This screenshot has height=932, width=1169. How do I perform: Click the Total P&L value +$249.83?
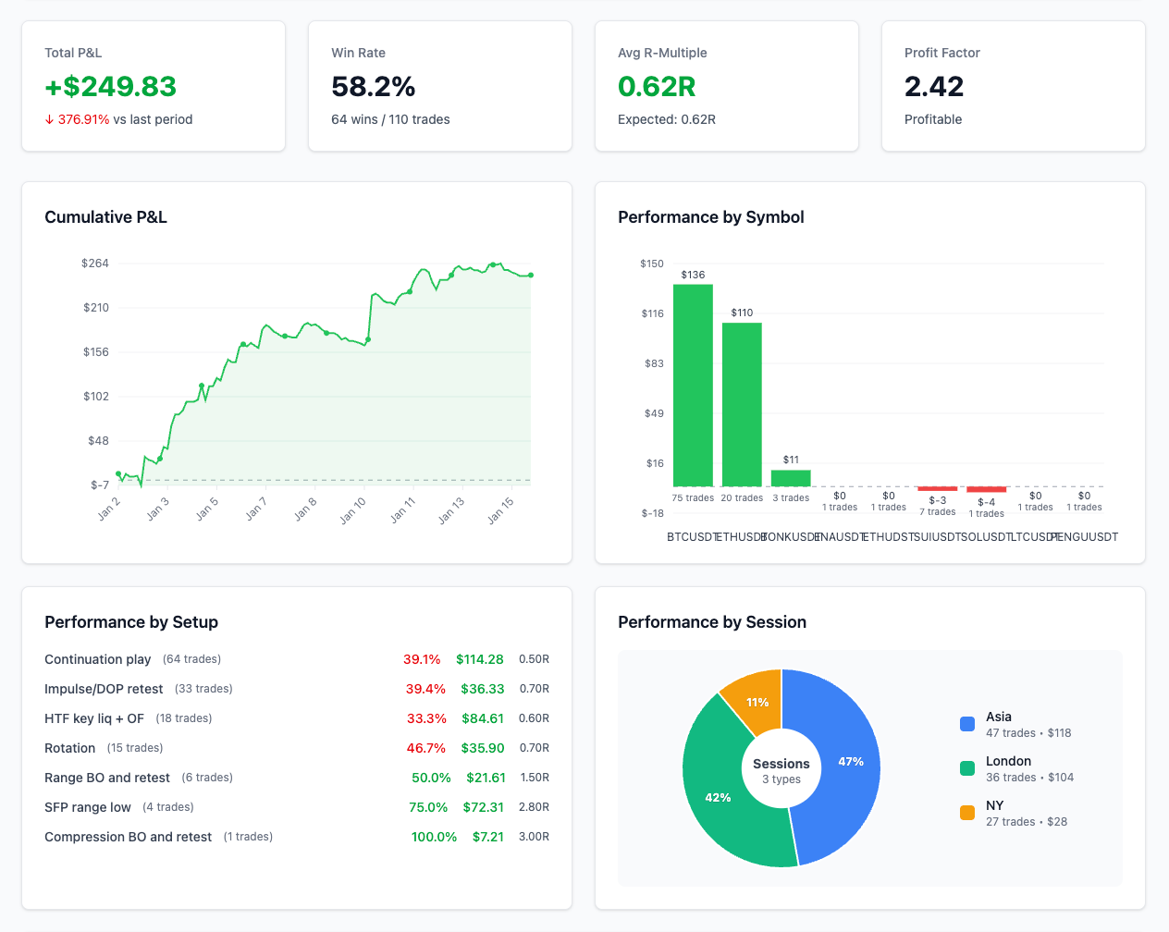[110, 86]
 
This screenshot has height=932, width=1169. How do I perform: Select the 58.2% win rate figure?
[373, 86]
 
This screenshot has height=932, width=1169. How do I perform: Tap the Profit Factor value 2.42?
[933, 86]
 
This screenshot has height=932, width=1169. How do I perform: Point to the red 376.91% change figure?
[83, 119]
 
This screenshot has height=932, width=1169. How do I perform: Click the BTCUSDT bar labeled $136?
[693, 385]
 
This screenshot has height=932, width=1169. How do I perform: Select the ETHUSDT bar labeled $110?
[742, 404]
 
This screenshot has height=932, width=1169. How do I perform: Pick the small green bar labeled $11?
[791, 478]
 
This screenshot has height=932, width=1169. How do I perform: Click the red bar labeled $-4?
[986, 489]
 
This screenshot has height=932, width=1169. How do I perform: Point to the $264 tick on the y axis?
[95, 264]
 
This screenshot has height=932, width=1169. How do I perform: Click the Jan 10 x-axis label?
[353, 509]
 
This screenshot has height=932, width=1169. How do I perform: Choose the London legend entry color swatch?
[967, 768]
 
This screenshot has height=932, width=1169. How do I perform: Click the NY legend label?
[994, 805]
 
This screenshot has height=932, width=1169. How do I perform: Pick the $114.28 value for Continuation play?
[479, 659]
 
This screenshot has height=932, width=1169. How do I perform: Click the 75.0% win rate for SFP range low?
[428, 807]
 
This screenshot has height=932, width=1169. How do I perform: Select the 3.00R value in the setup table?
[534, 837]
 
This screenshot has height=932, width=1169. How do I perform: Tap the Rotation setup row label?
[70, 748]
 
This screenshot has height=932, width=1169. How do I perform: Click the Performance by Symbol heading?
[710, 217]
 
